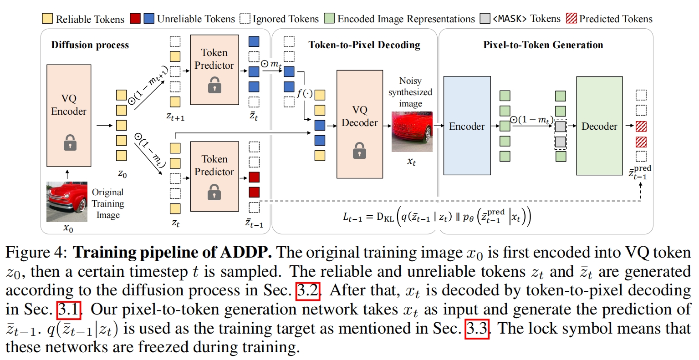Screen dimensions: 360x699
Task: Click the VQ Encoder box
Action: (x=69, y=116)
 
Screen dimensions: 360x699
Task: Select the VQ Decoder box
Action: (x=359, y=124)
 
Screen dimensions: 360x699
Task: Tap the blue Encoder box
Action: (x=467, y=126)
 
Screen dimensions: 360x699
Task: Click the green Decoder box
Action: (x=599, y=126)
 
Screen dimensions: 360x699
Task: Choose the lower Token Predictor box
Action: (x=214, y=176)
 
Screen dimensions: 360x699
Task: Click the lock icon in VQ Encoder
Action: (x=70, y=142)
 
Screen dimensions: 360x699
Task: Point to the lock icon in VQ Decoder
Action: (x=359, y=150)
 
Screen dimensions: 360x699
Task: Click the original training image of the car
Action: (x=66, y=202)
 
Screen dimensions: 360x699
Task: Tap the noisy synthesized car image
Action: (x=412, y=132)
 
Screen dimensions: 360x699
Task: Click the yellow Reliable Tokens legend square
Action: (x=47, y=19)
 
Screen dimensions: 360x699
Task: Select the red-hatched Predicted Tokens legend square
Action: (x=571, y=19)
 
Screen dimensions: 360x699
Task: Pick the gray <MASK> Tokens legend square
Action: (x=485, y=19)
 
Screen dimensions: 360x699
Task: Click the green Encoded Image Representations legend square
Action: (x=329, y=19)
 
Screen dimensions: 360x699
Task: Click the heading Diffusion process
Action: (x=90, y=45)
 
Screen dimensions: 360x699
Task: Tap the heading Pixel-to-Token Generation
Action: (x=543, y=45)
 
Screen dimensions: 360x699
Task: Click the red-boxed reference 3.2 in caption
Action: (x=308, y=290)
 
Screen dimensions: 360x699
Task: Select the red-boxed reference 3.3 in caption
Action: (x=477, y=329)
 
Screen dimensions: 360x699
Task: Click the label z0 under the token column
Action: (x=122, y=174)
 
